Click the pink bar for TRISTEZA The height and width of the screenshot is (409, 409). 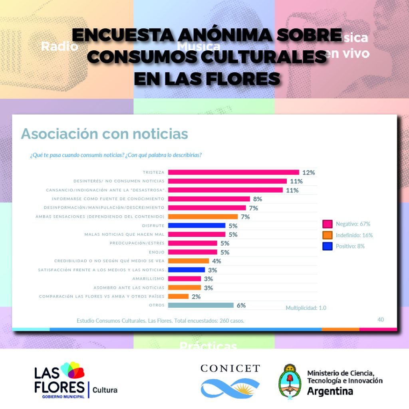coord(233,173)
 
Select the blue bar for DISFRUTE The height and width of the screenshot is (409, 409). coord(197,226)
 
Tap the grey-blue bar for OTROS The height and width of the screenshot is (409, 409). coord(201,305)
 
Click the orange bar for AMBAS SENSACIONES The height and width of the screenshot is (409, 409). coord(203,216)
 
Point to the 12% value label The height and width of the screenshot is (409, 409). coord(309,173)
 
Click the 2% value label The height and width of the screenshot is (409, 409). coord(196,296)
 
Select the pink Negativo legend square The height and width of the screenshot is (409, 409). coord(328,224)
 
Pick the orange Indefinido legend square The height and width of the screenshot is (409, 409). coord(328,235)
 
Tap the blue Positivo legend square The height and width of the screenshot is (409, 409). coord(328,246)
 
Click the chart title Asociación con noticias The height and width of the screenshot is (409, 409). coord(104,134)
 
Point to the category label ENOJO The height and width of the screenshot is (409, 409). coord(156,252)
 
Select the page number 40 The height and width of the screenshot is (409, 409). coord(381,319)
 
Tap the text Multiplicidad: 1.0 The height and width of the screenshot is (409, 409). coord(306,308)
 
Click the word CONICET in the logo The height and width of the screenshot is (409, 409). coord(230,368)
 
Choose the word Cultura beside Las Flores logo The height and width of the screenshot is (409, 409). coord(105,390)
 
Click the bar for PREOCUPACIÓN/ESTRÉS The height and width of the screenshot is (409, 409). coord(193,243)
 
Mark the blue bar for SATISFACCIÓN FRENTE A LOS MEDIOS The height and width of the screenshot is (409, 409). coord(186,270)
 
